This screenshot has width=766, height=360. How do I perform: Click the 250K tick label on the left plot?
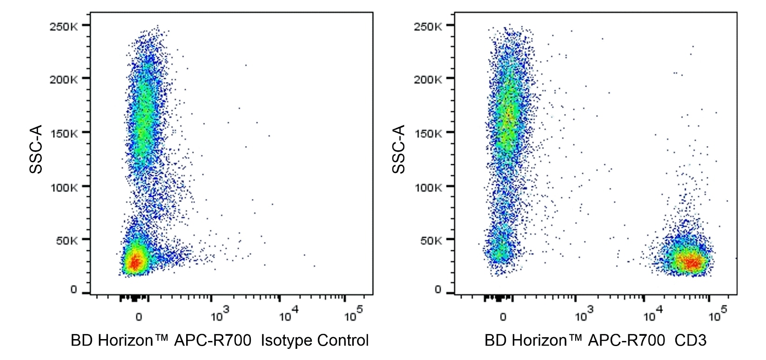[x=64, y=26]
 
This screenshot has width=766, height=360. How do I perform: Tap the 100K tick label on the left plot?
[x=64, y=187]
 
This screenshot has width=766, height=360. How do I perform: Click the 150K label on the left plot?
[x=64, y=134]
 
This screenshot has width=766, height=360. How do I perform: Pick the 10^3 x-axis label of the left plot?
[x=219, y=314]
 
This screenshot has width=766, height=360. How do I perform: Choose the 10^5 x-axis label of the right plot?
[x=717, y=314]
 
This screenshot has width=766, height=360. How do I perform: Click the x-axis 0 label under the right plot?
[x=503, y=317]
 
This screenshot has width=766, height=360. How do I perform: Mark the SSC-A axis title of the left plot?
[x=36, y=149]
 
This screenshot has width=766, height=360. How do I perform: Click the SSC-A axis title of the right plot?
[x=399, y=149]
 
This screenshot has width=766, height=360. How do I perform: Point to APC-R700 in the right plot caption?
[x=626, y=340]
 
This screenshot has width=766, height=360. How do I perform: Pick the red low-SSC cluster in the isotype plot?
[x=135, y=262]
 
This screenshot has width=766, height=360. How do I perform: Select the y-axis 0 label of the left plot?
[x=74, y=290]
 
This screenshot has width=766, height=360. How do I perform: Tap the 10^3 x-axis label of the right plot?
[x=584, y=314]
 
